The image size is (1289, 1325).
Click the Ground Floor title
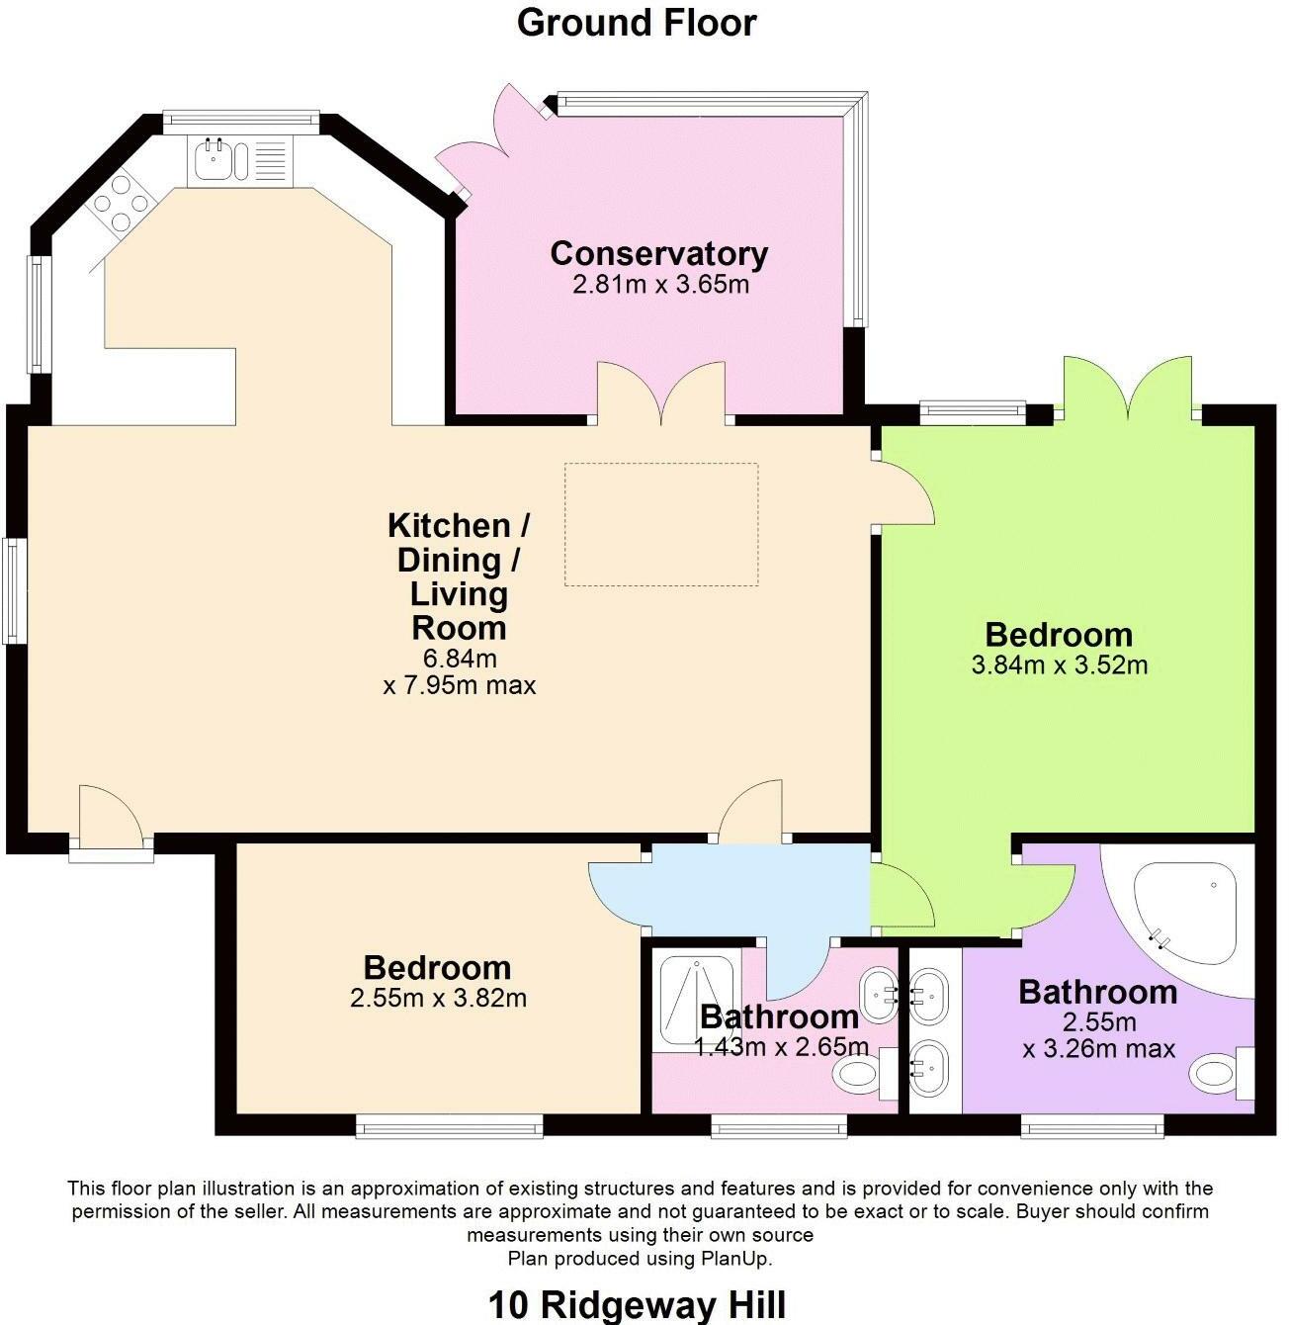pos(637,23)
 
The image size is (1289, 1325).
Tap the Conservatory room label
pos(658,254)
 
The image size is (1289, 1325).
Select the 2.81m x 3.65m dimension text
pos(660,286)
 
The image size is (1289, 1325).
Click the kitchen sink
pos(215,159)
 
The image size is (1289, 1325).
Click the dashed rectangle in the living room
pos(661,524)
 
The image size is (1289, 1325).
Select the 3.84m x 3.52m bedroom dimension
pos(1060,665)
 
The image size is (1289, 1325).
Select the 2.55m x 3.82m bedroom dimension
pos(438,999)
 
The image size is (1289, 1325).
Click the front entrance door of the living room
pos(111,819)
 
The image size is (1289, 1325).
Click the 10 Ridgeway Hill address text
pos(637,1304)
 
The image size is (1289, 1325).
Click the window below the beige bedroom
pos(450,1126)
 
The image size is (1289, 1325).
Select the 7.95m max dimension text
pos(460,685)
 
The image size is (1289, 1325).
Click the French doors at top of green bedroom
pos(1128,391)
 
